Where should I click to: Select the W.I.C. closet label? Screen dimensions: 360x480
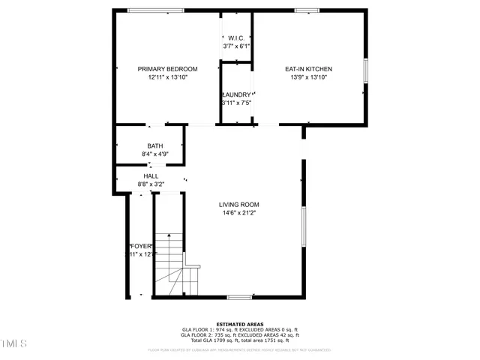tap(236, 39)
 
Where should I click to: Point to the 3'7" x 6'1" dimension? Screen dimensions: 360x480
tap(236, 46)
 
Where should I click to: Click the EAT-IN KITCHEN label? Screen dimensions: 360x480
tap(308, 69)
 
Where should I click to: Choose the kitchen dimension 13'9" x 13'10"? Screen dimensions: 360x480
tap(308, 76)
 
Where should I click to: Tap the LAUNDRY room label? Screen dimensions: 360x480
tap(236, 94)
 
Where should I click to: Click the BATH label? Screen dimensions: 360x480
tap(154, 146)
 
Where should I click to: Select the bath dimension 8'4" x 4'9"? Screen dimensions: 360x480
tap(154, 154)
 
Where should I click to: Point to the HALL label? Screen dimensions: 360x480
tap(151, 176)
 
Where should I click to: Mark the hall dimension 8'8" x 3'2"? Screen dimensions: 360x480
tap(151, 184)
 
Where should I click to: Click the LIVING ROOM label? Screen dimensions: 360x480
tap(238, 205)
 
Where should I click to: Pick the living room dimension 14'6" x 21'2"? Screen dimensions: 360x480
tap(238, 213)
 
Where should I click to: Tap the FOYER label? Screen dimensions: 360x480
tap(141, 247)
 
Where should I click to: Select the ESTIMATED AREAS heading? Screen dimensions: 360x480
tap(239, 324)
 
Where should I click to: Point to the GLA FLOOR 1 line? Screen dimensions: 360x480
tap(239, 329)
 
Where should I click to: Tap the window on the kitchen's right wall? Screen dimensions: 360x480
tap(365, 70)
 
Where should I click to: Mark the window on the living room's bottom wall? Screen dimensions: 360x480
tap(239, 297)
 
